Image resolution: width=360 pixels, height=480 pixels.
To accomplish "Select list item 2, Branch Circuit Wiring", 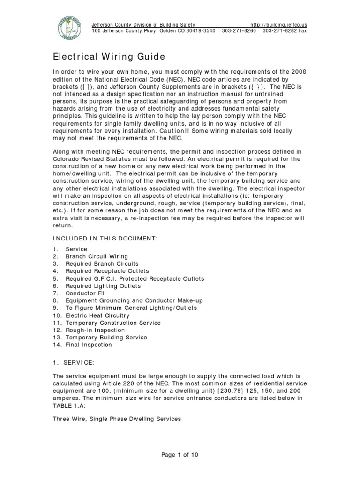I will [x=97, y=256].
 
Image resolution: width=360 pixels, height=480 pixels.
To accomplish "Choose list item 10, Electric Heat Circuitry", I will [x=97, y=315].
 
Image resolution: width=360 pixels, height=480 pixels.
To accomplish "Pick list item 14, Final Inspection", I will [x=89, y=345].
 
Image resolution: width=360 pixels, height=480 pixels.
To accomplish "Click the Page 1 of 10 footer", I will [x=180, y=454].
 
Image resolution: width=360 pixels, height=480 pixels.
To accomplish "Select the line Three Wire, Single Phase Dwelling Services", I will [x=116, y=419].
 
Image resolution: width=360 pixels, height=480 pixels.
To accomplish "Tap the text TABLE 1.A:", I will [x=68, y=405].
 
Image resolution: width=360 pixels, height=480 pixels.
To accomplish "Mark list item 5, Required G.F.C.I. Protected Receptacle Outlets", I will [x=135, y=278].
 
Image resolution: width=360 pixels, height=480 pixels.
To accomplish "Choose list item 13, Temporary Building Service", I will [x=106, y=337].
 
